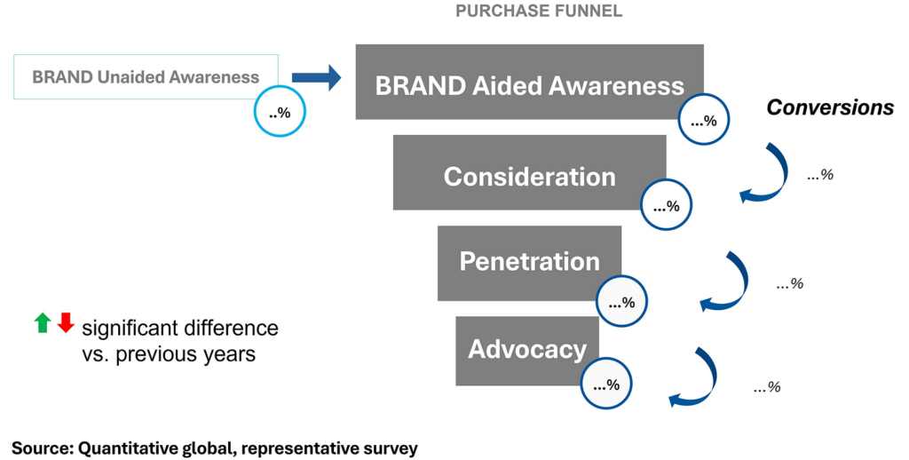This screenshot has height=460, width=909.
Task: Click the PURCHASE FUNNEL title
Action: pos(538,12)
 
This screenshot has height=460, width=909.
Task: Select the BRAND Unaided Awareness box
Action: pos(146,76)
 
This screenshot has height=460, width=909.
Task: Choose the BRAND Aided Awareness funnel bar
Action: pos(529,82)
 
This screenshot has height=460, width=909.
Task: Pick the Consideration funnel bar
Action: pos(529,174)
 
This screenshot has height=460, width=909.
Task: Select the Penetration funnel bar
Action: pos(529,261)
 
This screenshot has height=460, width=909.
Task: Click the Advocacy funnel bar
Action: pos(527,348)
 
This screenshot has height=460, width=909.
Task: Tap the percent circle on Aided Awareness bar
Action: pos(704,121)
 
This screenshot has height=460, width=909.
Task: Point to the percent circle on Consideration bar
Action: pos(666,207)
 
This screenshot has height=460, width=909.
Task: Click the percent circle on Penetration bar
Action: pos(621,303)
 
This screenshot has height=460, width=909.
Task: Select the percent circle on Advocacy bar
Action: pos(606,385)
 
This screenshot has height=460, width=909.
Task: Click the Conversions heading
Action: pos(830,107)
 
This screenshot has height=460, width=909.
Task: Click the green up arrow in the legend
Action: pos(42,323)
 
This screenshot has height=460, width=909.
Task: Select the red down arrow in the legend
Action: pos(65,323)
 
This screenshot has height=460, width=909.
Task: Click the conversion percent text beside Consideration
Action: pos(819,175)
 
